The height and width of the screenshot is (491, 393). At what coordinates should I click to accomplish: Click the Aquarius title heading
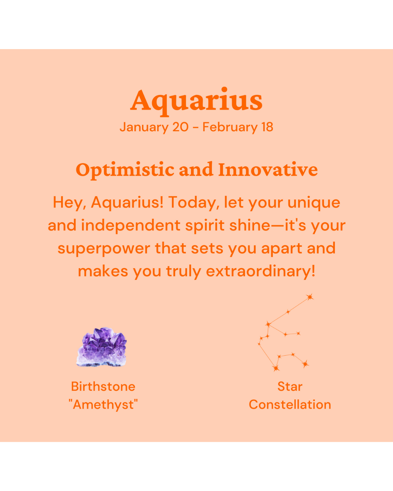coord(196,101)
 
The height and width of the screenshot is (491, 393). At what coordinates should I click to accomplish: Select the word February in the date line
coord(230,127)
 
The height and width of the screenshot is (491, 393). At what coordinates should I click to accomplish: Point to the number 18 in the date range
coord(267,127)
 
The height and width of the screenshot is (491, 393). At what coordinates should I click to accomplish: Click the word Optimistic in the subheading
coord(125,170)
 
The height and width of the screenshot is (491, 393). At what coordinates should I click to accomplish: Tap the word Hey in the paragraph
coord(70,203)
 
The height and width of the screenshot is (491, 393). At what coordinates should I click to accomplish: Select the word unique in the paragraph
coord(314,203)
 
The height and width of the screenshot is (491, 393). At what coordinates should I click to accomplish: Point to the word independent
coord(131,225)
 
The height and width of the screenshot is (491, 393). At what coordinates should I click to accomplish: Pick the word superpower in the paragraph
coord(104,249)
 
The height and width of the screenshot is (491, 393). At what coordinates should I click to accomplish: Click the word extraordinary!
coord(261,271)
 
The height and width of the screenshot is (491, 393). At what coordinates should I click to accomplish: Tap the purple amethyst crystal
coord(101,347)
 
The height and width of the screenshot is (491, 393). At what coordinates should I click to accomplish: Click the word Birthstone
coord(103,387)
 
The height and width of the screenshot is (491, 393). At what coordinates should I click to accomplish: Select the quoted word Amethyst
coord(103,404)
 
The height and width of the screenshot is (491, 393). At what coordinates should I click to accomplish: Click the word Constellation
coord(290,404)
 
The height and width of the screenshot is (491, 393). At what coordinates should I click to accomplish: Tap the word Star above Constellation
coord(290,387)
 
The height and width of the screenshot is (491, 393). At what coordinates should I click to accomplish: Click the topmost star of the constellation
coord(310,297)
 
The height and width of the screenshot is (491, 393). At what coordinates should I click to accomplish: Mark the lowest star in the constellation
coord(276,368)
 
